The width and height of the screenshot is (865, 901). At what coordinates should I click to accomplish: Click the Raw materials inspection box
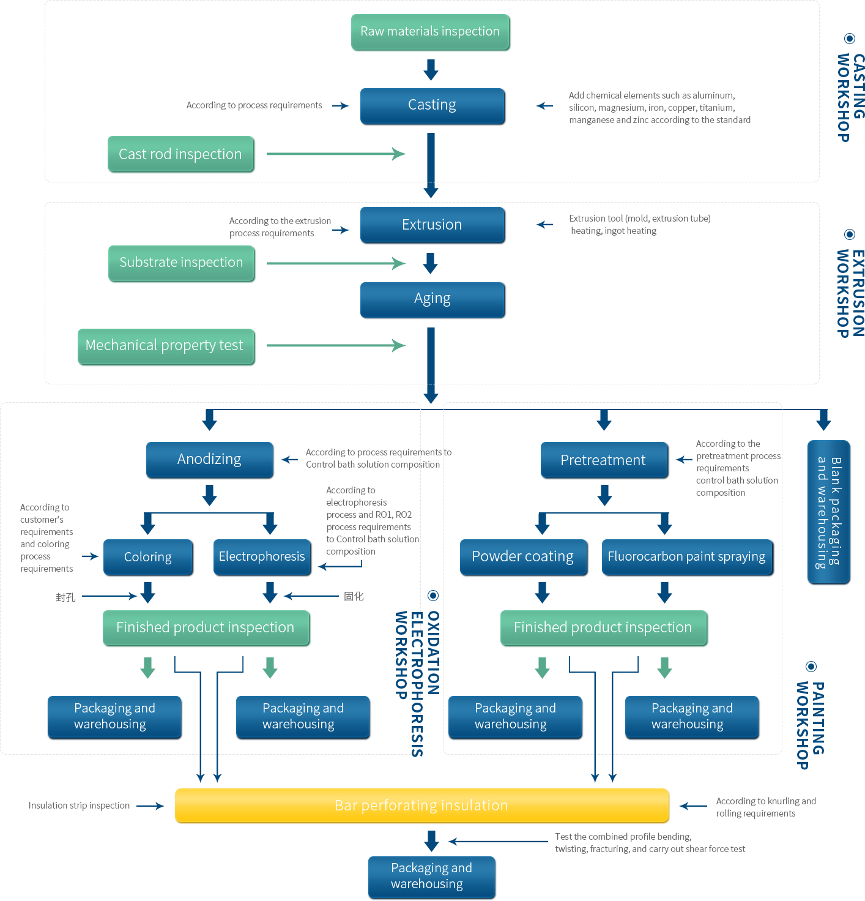431,32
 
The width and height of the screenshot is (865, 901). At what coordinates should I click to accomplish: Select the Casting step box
432,105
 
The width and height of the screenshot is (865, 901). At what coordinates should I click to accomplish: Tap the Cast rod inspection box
181,154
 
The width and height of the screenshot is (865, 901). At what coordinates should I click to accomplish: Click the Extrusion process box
432,225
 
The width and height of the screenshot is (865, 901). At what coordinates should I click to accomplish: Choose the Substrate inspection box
182,263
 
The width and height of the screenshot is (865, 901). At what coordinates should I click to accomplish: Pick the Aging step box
432,299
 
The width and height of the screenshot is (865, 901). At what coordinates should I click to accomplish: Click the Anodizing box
209,460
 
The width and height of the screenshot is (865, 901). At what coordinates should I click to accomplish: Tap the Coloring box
148,557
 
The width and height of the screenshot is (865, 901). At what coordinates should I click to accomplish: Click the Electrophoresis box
262,557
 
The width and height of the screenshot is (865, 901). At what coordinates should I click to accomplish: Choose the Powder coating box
523,557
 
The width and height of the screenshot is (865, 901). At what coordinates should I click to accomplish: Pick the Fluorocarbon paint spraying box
687,557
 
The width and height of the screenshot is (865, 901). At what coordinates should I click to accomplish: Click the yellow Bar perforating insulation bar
421,806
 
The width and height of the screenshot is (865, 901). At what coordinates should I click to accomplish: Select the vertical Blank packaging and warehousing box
828,512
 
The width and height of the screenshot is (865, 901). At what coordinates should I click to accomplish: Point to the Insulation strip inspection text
80,806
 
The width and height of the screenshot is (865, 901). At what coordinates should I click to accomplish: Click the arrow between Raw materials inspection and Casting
431,70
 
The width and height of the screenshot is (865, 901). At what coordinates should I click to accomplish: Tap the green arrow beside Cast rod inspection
336,154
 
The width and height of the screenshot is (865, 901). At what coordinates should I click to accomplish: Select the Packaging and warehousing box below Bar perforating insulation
432,877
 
